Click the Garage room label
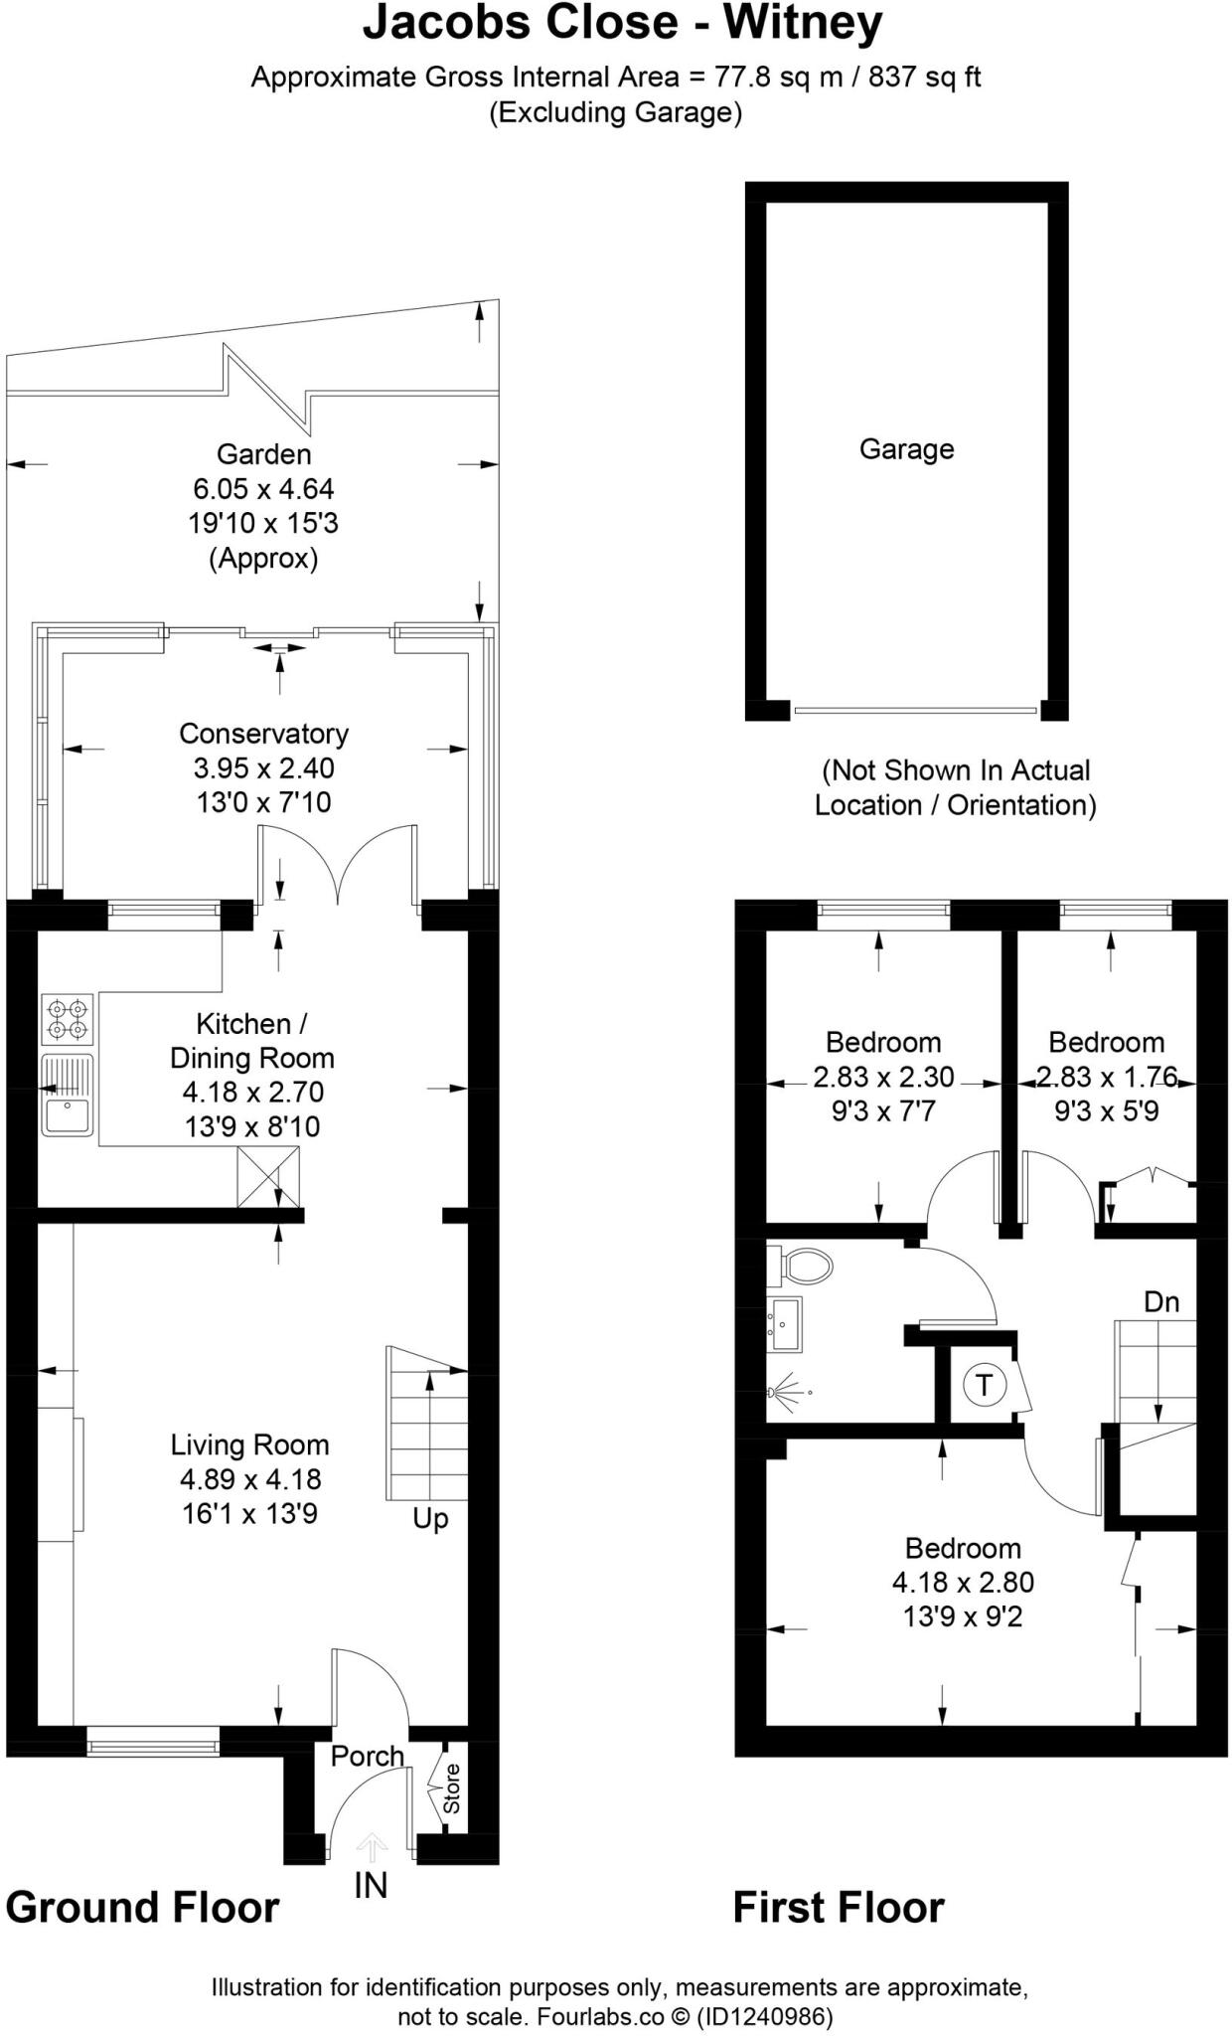[x=906, y=449]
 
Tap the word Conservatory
[x=263, y=734]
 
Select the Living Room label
[x=249, y=1444]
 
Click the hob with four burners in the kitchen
[x=67, y=1020]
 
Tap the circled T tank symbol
[x=984, y=1385]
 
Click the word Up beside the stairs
[x=430, y=1518]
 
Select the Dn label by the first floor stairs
[x=1161, y=1301]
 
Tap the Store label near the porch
[x=451, y=1788]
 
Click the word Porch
[x=367, y=1757]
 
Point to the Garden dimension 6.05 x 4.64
[x=263, y=489]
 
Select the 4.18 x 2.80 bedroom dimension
[x=963, y=1582]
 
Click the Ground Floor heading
[x=142, y=1908]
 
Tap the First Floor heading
[x=839, y=1908]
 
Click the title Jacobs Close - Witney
[x=622, y=24]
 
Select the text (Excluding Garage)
[x=615, y=112]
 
